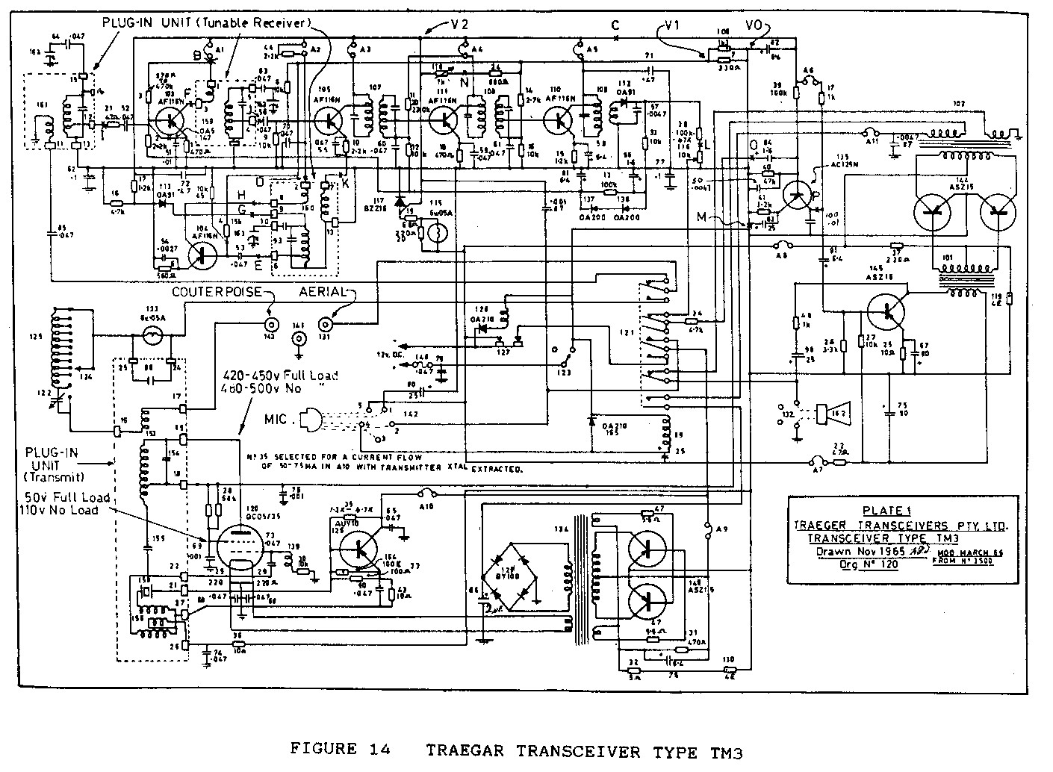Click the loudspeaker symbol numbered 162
point(827,412)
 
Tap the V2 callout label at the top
point(459,24)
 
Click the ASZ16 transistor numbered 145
point(887,311)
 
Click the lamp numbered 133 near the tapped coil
point(153,337)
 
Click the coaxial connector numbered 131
point(326,324)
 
